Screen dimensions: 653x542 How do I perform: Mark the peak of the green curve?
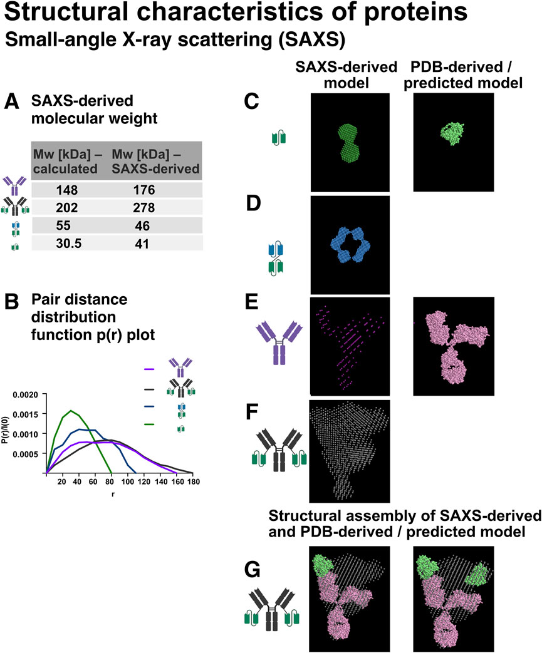click(x=71, y=411)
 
